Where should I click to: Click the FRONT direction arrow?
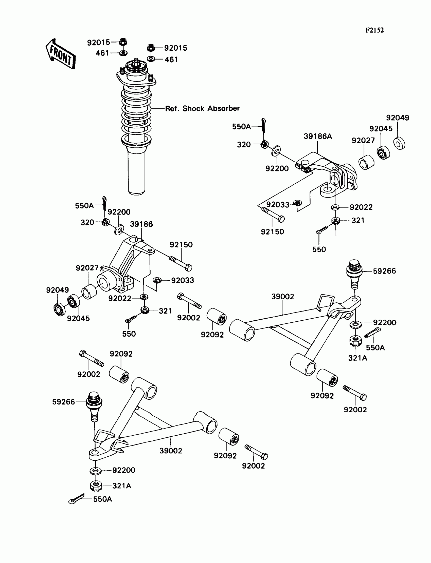pos(61,54)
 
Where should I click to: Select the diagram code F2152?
pos(374,30)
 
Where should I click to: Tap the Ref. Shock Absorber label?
pos(202,109)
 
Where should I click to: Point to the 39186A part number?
pos(318,137)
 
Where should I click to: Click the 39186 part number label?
pos(141,224)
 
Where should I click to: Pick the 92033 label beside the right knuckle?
pos(278,204)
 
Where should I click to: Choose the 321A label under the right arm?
pos(357,358)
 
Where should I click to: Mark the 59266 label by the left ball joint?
pos(63,402)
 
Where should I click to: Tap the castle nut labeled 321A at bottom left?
pos(96,486)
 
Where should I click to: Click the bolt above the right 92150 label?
pos(273,215)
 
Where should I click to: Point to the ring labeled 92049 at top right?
pos(399,144)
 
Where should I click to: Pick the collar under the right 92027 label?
pos(366,162)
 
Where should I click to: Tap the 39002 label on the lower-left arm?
pos(171,451)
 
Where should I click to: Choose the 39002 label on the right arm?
pos(282,297)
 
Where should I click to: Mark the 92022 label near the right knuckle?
pos(361,207)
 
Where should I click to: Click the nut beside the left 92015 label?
pos(123,42)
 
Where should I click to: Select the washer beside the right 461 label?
pos(151,59)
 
